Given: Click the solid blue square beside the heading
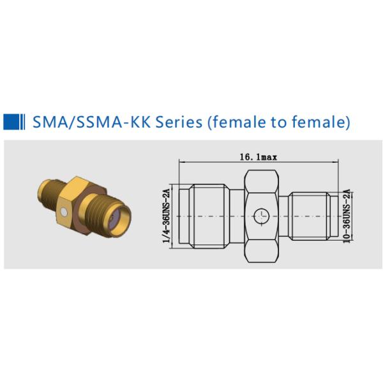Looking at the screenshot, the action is coord(11,122).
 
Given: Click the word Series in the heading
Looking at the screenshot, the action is coord(179,122).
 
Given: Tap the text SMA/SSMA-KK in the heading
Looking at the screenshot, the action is coord(91,122).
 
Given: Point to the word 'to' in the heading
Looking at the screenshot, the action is coord(278,122).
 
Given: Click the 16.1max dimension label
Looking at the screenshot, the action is coord(259,157).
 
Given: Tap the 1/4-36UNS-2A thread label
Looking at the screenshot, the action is coord(167,216).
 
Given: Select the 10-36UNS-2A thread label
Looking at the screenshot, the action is coord(347,216).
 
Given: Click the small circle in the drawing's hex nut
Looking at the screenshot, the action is coord(262,216).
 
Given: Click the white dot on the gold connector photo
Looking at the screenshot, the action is coord(64,212).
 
